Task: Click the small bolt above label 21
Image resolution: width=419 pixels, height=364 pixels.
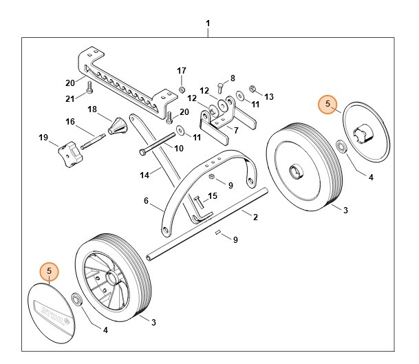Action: pos(89,87)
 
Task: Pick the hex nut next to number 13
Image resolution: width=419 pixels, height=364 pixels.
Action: pos(253,89)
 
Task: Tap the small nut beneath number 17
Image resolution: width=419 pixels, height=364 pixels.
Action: pos(182,89)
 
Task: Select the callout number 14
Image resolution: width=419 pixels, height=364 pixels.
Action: pos(144,175)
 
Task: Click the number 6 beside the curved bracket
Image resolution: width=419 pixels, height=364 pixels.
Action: pos(145,201)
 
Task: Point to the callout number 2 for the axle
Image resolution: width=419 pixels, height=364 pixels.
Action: pos(255,217)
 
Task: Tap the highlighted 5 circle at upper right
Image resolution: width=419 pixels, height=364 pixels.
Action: pos(329,104)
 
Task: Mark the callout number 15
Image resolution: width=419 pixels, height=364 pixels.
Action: pos(213,196)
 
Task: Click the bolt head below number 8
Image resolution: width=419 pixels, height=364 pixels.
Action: pos(218,86)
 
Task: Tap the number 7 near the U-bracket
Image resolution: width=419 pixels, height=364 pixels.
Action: pos(236,130)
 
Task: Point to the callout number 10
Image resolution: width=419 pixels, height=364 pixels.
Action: pos(178,148)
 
